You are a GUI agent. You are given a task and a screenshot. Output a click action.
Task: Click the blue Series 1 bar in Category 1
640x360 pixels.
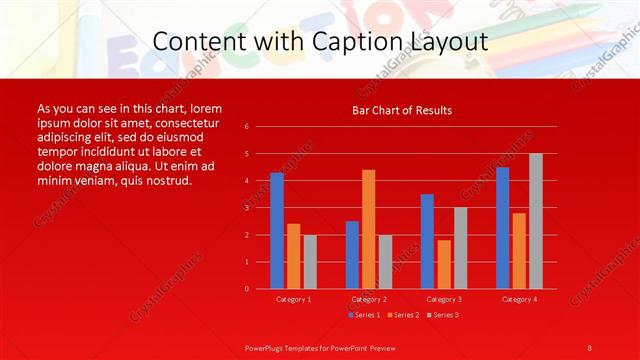(277, 231)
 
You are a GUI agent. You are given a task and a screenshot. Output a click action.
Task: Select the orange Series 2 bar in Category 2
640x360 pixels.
(369, 229)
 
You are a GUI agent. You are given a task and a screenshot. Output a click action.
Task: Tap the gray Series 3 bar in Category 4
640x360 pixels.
(536, 221)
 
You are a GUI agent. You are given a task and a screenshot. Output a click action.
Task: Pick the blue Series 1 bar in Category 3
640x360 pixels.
(427, 241)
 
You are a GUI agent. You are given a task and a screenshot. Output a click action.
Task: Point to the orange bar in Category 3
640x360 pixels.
(444, 264)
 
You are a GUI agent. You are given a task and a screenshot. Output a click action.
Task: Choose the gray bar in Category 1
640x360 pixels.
(310, 262)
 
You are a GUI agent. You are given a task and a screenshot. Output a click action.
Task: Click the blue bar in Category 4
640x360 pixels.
(502, 228)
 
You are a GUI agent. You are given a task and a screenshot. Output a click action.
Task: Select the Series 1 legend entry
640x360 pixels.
(363, 315)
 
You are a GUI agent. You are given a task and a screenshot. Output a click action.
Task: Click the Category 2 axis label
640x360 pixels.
(369, 299)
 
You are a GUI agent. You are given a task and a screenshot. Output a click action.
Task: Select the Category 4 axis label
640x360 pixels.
(519, 299)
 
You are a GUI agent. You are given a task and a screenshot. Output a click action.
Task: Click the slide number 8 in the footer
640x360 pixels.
(590, 347)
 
